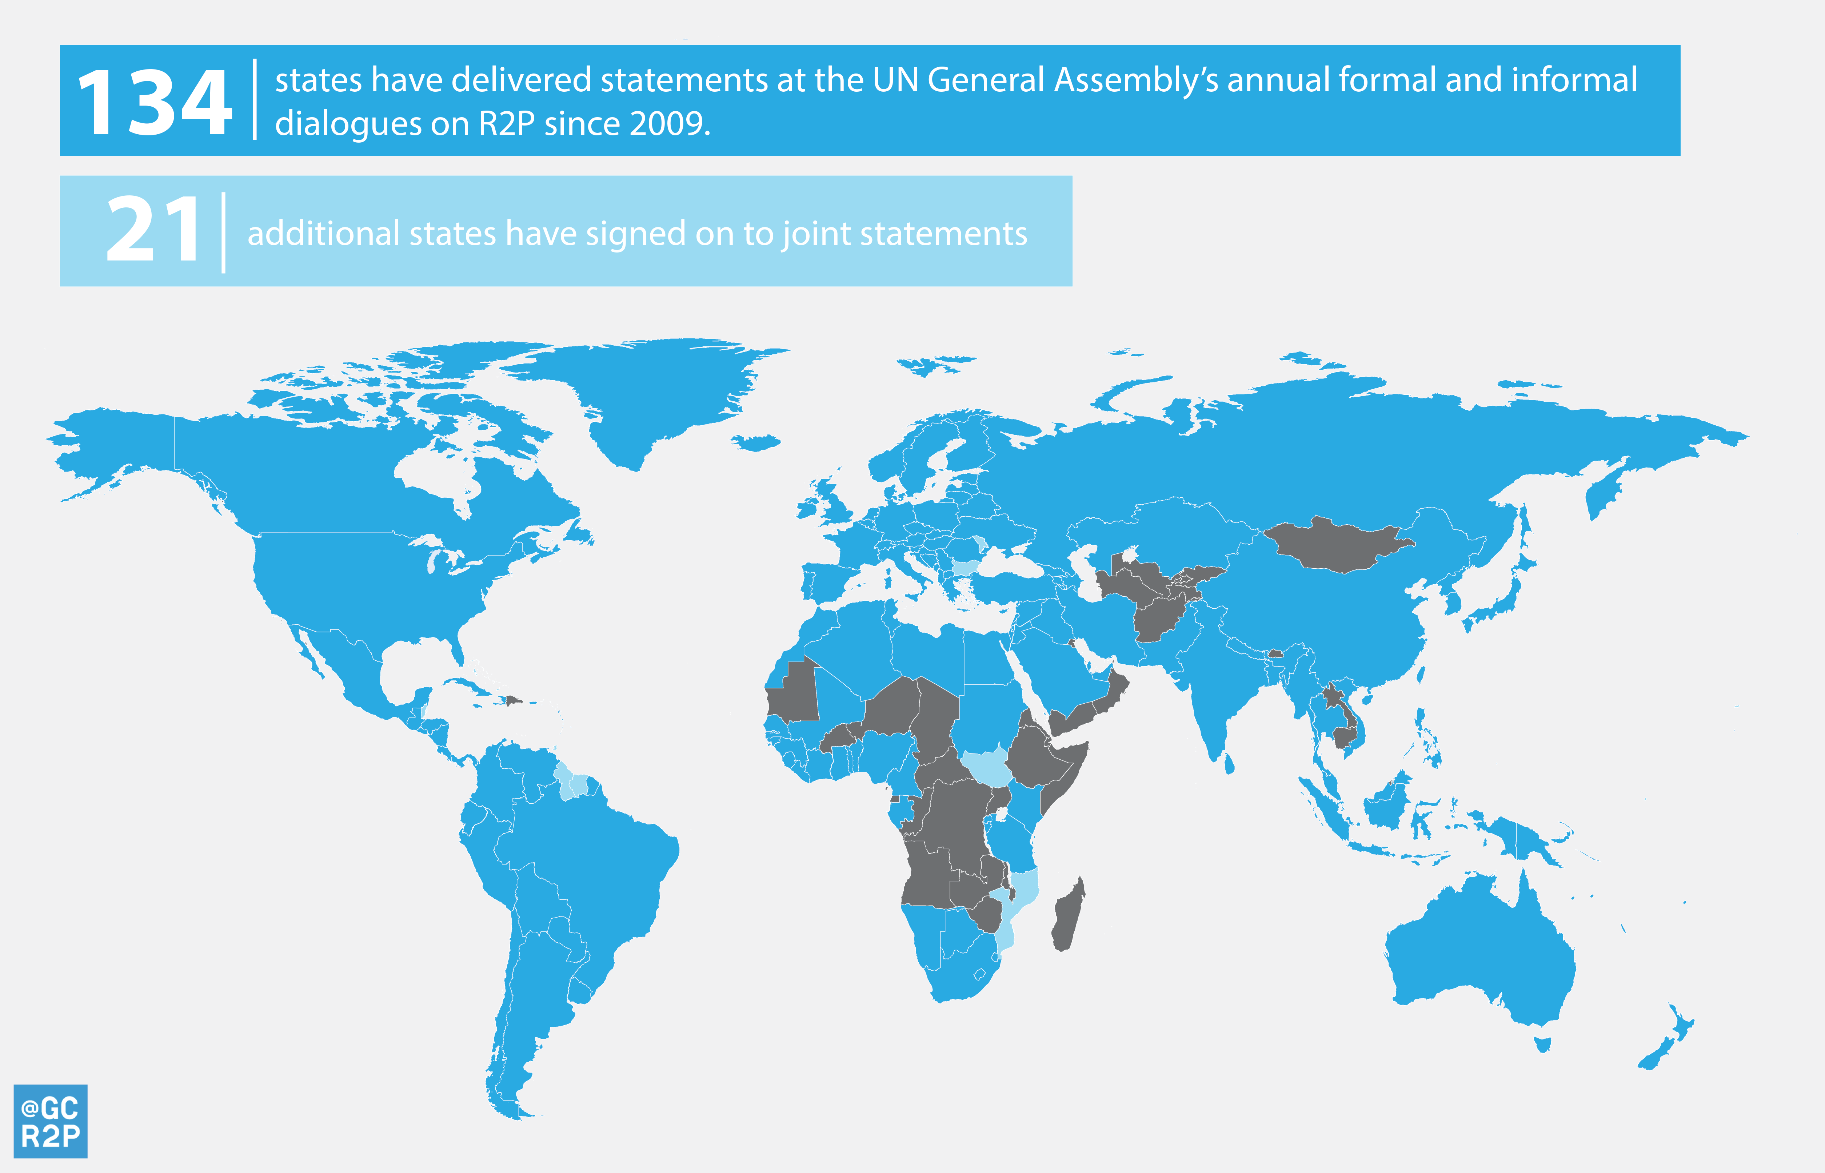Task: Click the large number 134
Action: click(155, 102)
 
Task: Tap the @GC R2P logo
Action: click(50, 1121)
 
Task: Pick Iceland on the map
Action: click(756, 442)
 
